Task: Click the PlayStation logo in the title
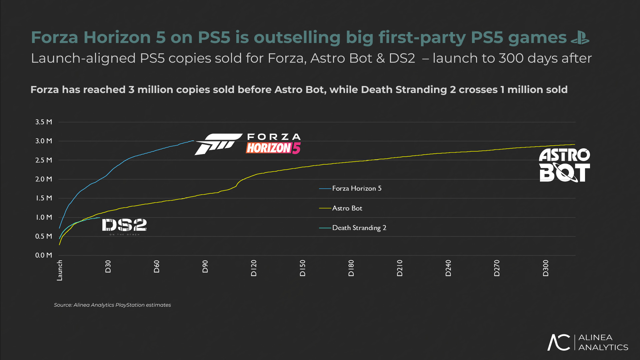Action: [580, 37]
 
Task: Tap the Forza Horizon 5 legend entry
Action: [356, 188]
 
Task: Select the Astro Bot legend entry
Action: [347, 208]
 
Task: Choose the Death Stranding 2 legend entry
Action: [359, 228]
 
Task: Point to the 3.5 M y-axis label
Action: [44, 122]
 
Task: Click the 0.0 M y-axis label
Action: [44, 255]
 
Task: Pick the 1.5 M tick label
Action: [44, 198]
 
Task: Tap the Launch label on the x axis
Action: [60, 270]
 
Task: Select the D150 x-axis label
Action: [302, 268]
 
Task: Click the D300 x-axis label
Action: [545, 268]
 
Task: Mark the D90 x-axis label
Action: [205, 267]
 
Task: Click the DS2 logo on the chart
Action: [124, 226]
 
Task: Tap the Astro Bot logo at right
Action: [564, 165]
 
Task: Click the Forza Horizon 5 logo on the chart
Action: [248, 144]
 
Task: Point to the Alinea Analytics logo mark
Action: [559, 342]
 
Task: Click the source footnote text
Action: [112, 305]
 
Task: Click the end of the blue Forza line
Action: [193, 141]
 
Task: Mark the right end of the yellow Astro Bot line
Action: [574, 144]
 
